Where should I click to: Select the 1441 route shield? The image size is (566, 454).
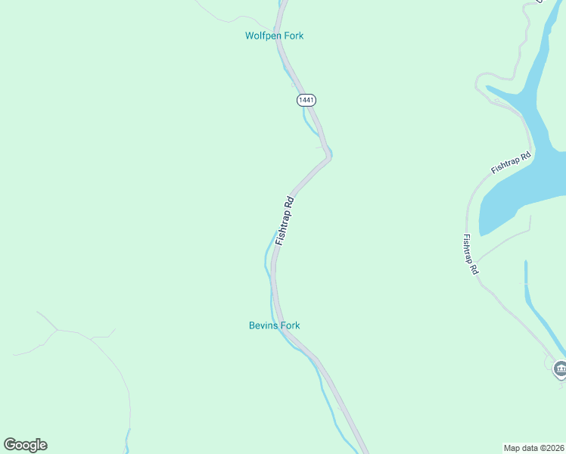(x=306, y=100)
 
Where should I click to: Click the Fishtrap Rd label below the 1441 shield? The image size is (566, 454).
(x=285, y=220)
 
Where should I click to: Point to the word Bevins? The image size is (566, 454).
(x=264, y=325)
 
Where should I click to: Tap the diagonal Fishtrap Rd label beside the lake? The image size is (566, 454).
(x=511, y=163)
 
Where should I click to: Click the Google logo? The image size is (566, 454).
(x=25, y=445)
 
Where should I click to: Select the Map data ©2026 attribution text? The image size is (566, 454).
(x=533, y=447)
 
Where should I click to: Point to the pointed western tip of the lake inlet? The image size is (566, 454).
(x=488, y=88)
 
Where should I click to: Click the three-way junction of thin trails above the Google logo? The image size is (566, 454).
(x=58, y=330)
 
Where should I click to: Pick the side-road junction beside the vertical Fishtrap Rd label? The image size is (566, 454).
(x=477, y=261)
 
